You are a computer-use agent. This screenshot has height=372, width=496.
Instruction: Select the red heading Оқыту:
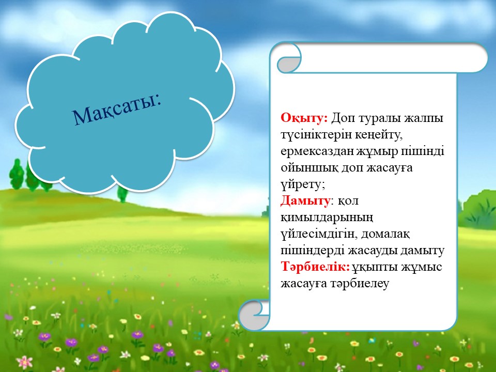pyautogui.click(x=304, y=118)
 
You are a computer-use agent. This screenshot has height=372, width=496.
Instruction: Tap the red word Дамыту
pyautogui.click(x=305, y=200)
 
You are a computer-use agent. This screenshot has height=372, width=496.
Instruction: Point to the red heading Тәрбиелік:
pyautogui.click(x=315, y=267)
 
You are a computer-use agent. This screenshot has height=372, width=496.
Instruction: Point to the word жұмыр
pyautogui.click(x=377, y=151)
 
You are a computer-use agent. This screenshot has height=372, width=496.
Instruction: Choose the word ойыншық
pyautogui.click(x=309, y=168)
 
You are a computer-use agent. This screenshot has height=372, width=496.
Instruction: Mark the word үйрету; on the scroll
pyautogui.click(x=303, y=184)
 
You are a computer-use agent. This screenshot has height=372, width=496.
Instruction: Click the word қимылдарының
pyautogui.click(x=327, y=218)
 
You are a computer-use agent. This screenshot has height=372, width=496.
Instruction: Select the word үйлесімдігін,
pyautogui.click(x=319, y=234)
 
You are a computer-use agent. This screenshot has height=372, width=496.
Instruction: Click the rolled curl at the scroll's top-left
pyautogui.click(x=288, y=60)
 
